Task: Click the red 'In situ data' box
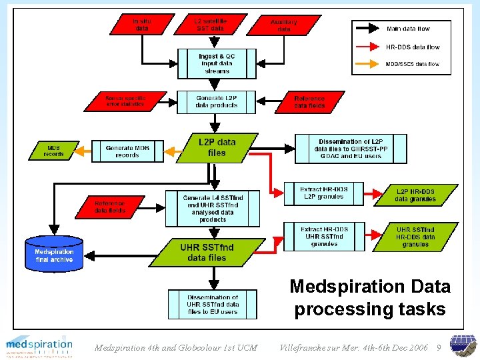pos(142,25)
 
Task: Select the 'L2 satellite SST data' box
pos(211,25)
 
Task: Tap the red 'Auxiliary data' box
pos(284,25)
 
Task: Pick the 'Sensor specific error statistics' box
pos(125,101)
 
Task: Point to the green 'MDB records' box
pos(54,150)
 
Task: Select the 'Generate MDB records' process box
pos(127,151)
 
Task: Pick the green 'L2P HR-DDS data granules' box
pos(415,195)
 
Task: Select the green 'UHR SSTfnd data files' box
pos(207,253)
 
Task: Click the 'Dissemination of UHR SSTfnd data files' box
pos(212,305)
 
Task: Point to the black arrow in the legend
pos(369,29)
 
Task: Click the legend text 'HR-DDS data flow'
pos(413,47)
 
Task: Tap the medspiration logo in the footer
pos(39,346)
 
